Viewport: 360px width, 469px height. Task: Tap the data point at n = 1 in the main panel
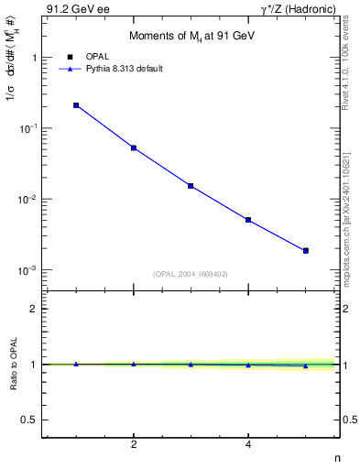pyautogui.click(x=76, y=105)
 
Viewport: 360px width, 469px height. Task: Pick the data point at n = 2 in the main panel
pyautogui.click(x=134, y=147)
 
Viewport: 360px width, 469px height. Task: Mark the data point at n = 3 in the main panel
pyautogui.click(x=191, y=186)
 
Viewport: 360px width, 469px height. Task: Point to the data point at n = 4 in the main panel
pyautogui.click(x=248, y=220)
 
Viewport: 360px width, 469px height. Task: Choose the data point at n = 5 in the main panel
pyautogui.click(x=306, y=250)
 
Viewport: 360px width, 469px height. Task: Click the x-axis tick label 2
pyautogui.click(x=134, y=445)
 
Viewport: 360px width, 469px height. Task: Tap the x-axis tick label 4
pyautogui.click(x=248, y=445)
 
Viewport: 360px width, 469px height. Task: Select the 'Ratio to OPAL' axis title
pyautogui.click(x=12, y=365)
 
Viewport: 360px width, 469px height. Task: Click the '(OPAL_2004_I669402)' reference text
pyautogui.click(x=191, y=273)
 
